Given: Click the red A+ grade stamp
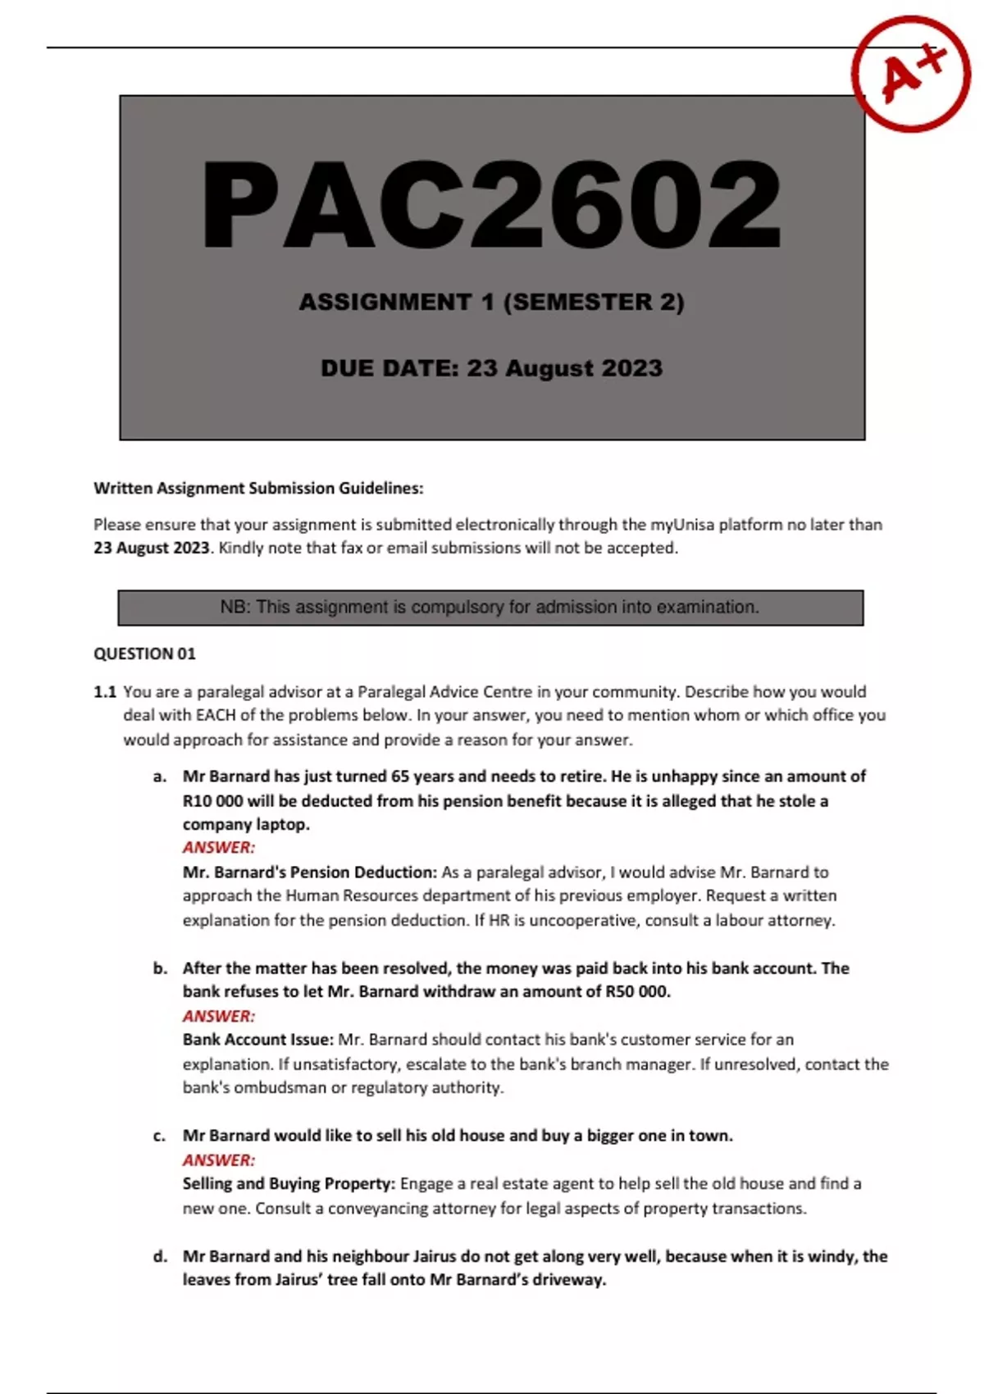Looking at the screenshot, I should click(x=911, y=75).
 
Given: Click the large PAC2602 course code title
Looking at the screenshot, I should click(x=492, y=204).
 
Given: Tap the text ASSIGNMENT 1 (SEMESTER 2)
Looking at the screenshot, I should click(x=491, y=303).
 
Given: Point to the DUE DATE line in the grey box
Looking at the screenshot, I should click(x=491, y=368).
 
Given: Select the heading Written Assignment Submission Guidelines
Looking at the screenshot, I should click(x=258, y=489).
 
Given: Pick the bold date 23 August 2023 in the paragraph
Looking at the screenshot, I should click(x=152, y=548).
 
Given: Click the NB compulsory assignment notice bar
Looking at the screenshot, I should click(x=490, y=608).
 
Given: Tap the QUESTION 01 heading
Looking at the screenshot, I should click(x=144, y=654).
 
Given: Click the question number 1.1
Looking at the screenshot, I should click(x=105, y=692).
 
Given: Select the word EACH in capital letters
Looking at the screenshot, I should click(x=216, y=715).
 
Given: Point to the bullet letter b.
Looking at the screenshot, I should click(x=160, y=968).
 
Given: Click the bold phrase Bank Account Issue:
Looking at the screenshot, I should click(x=257, y=1040).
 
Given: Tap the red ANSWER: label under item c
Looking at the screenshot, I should click(x=219, y=1160).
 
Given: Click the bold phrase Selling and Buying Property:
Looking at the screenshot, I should click(x=289, y=1184).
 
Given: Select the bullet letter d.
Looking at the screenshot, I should click(x=160, y=1256).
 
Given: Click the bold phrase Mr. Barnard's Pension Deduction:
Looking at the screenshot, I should click(x=310, y=872).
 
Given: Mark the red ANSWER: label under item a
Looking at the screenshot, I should click(x=219, y=848).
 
